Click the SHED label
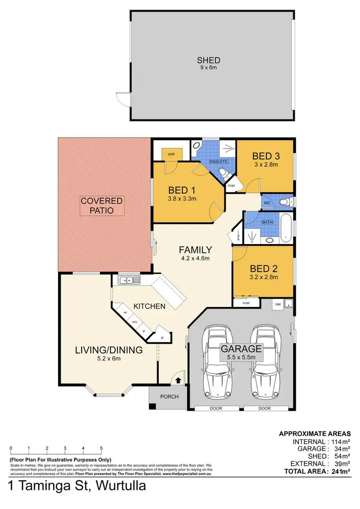pyautogui.click(x=208, y=60)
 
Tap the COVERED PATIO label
pyautogui.click(x=102, y=205)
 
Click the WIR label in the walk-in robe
pyautogui.click(x=171, y=154)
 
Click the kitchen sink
pyautogui.click(x=129, y=280)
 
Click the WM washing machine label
pyautogui.click(x=277, y=303)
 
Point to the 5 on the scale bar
pyautogui.click(x=101, y=449)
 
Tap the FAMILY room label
pyautogui.click(x=195, y=249)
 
